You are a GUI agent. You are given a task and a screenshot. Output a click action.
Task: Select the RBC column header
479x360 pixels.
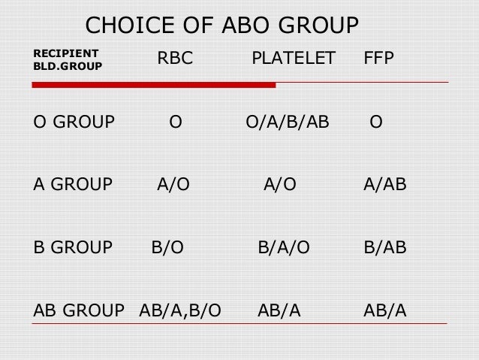(174, 59)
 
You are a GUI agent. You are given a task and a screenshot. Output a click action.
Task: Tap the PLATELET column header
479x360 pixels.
(293, 59)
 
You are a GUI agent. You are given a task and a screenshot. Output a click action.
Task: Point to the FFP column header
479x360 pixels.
(378, 59)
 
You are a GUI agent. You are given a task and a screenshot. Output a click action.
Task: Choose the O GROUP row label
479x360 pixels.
(74, 122)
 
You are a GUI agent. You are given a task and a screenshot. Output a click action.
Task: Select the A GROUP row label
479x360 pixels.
(73, 184)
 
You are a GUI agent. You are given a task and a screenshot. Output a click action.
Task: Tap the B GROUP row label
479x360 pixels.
(73, 246)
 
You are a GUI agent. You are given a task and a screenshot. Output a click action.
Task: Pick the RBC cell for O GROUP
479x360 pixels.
(175, 122)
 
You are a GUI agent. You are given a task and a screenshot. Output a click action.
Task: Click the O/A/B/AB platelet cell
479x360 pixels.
(288, 122)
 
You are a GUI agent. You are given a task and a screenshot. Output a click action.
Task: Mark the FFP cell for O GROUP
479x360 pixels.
(375, 122)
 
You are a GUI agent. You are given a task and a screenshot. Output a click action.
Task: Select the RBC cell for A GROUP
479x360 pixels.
(173, 184)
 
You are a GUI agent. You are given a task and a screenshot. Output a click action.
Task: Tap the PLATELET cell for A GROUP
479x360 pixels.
(279, 184)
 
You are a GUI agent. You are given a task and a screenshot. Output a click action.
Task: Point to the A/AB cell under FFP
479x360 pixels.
(384, 184)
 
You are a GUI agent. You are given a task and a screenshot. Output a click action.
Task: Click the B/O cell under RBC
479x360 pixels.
(168, 246)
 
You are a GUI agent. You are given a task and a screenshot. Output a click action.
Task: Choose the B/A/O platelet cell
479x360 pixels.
(284, 246)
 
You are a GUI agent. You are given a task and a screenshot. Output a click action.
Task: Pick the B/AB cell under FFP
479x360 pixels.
(384, 246)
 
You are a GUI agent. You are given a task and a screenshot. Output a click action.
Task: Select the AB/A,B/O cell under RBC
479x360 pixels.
(180, 308)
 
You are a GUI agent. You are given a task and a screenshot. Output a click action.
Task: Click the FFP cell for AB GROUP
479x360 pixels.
(384, 308)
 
